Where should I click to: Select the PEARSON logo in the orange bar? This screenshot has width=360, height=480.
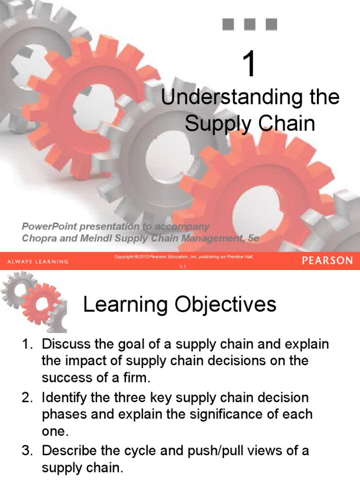(327, 261)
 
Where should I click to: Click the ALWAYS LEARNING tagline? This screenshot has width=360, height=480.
(38, 261)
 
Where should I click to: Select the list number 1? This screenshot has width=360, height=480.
(27, 345)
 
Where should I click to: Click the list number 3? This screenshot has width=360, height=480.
(27, 451)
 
